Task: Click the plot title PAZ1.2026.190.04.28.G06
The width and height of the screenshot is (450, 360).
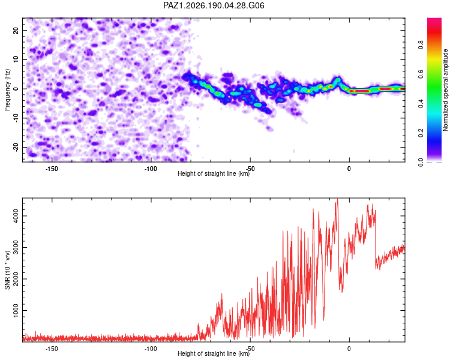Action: tap(214, 5)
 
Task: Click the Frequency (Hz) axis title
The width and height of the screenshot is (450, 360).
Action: tap(7, 90)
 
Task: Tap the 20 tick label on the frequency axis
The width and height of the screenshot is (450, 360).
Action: tap(16, 31)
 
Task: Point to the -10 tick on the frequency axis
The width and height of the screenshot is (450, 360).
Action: tap(16, 118)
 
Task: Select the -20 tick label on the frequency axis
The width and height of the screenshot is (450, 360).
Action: tap(16, 147)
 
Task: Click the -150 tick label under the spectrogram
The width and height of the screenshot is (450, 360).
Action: tap(52, 169)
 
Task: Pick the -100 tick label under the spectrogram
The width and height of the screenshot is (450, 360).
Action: tap(151, 169)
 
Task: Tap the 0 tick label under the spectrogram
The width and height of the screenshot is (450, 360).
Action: tap(349, 169)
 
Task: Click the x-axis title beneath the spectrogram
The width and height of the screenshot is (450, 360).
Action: tap(214, 173)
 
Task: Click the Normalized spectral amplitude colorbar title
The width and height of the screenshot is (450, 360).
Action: tap(445, 90)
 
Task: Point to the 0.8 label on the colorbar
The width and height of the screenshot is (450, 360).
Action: tap(421, 45)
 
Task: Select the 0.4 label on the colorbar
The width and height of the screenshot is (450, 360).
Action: tap(421, 104)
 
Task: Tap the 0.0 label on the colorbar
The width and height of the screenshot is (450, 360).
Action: tap(421, 163)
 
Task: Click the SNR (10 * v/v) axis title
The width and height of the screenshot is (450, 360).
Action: tap(7, 270)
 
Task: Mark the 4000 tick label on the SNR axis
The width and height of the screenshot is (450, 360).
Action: tap(16, 216)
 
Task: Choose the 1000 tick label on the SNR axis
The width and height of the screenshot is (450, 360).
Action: tap(16, 310)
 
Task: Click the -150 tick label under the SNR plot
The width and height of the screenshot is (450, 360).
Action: tap(52, 349)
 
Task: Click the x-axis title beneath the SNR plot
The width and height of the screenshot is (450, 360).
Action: tap(214, 353)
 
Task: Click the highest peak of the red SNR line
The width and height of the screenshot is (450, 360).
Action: tap(337, 199)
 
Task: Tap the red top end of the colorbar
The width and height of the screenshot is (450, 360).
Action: tap(434, 19)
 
